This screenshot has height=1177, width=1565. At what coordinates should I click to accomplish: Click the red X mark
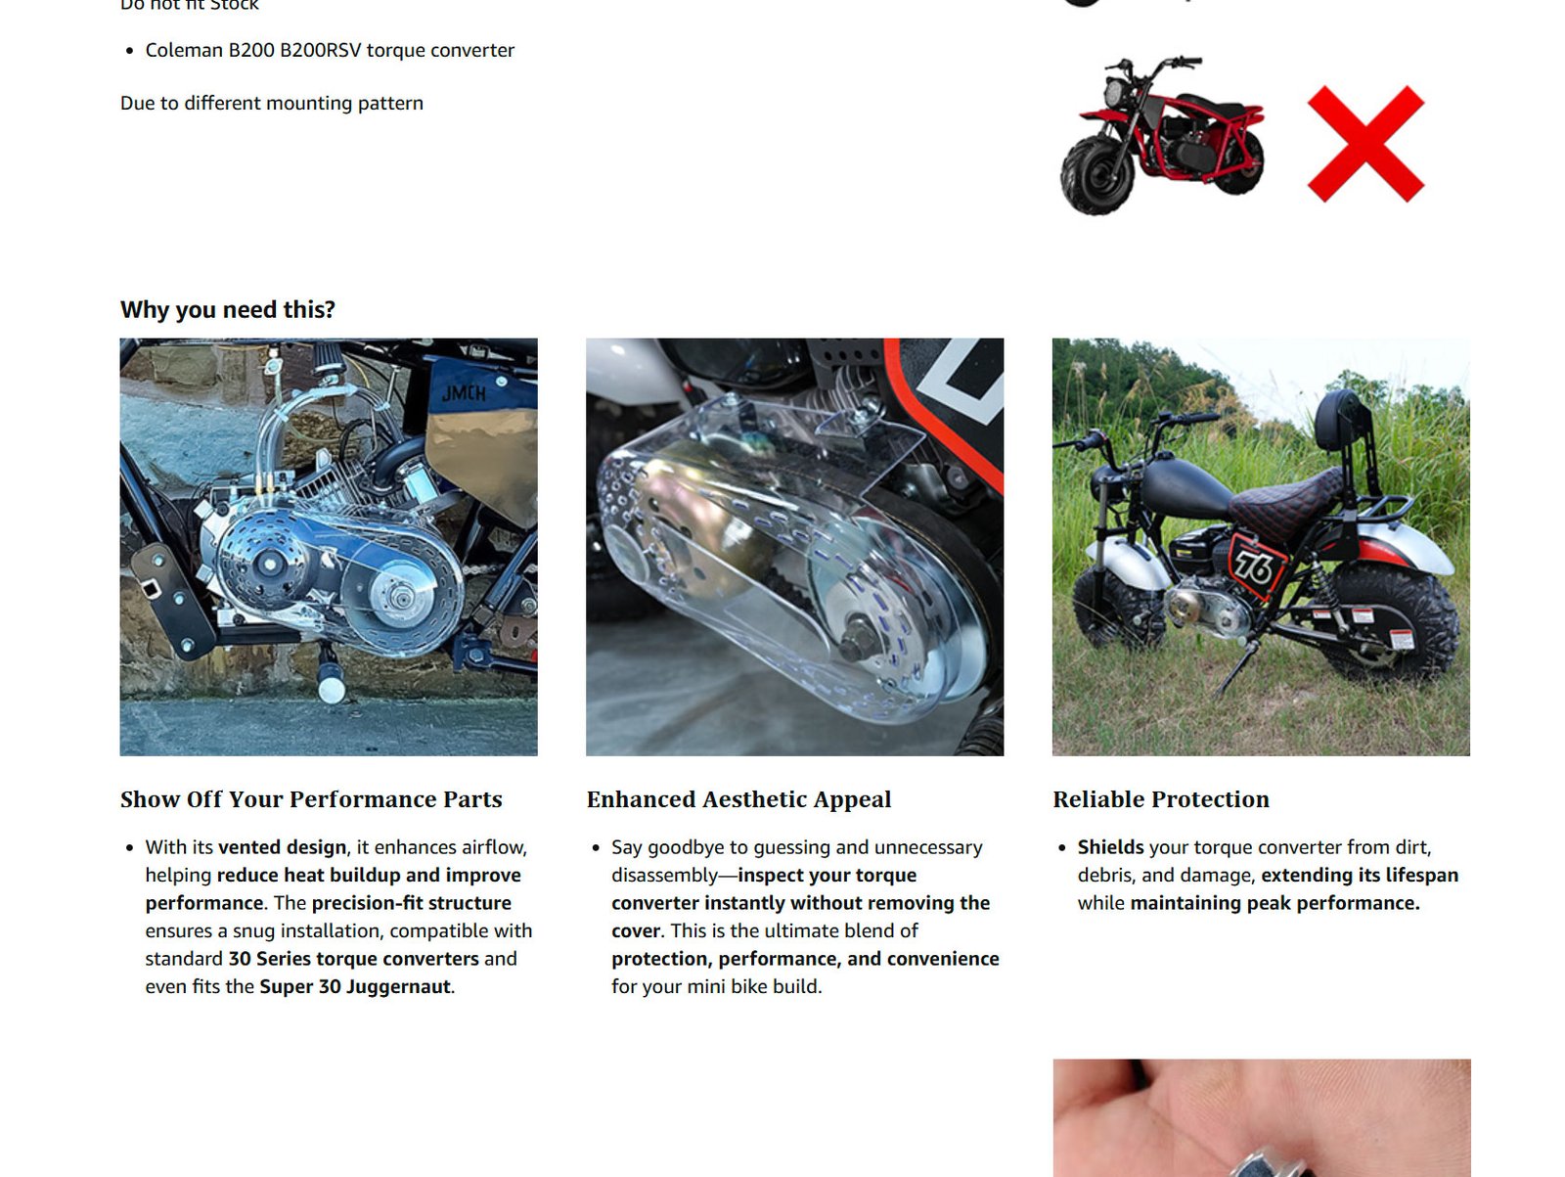(x=1365, y=144)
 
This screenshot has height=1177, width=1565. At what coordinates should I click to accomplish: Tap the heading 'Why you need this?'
(x=228, y=309)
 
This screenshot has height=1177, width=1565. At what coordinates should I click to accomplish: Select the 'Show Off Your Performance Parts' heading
(x=311, y=799)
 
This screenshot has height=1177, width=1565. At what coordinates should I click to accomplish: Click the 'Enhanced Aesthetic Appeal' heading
(x=738, y=799)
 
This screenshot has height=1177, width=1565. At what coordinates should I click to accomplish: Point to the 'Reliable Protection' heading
(x=1161, y=799)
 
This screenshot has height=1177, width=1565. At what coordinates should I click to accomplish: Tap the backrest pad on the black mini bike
(x=1335, y=420)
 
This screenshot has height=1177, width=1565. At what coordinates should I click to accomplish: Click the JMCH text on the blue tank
(x=464, y=392)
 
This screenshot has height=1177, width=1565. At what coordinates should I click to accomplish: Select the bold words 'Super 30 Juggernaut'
(x=354, y=986)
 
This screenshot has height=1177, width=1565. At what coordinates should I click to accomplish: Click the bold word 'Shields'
(x=1110, y=847)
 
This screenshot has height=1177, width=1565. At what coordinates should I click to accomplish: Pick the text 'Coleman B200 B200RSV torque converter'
(x=330, y=51)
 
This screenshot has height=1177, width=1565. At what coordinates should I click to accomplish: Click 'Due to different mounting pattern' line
(x=272, y=104)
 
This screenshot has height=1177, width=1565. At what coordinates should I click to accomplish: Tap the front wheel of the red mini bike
(x=1097, y=175)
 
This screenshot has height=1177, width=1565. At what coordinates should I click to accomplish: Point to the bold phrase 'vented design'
(x=283, y=847)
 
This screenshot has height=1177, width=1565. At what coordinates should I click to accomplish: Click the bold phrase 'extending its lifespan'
(x=1360, y=875)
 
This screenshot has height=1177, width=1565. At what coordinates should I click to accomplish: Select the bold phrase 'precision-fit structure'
(x=412, y=902)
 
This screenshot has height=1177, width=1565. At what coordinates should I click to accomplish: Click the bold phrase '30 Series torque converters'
(x=354, y=959)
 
